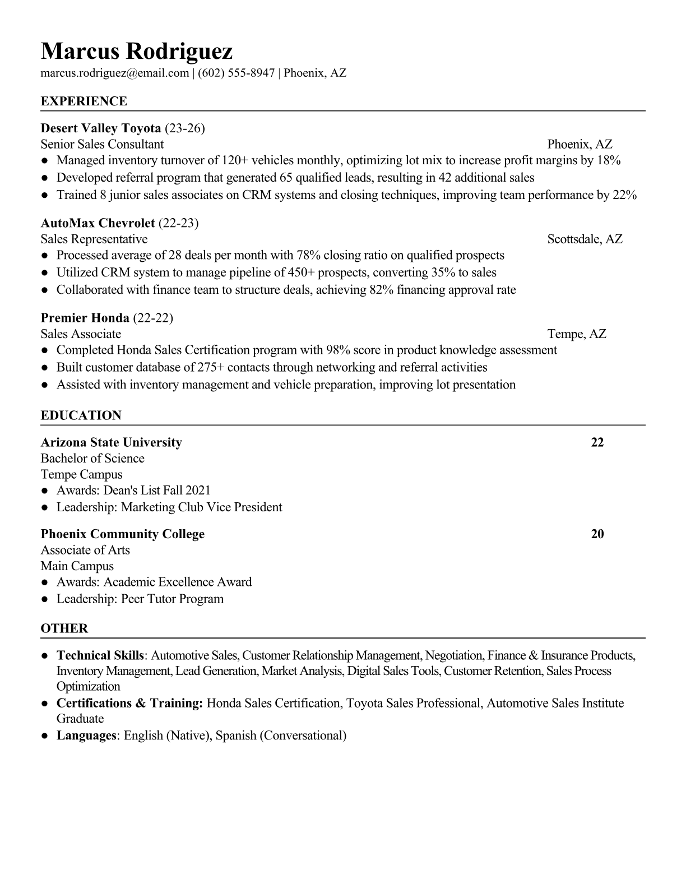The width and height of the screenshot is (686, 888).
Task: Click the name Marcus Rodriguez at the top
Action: point(136,52)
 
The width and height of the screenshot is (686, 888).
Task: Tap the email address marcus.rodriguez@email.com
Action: point(115,73)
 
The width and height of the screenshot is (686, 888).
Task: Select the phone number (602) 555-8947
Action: point(236,73)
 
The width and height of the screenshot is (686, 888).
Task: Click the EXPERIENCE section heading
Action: point(84,101)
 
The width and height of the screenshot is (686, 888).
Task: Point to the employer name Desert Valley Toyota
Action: point(101,128)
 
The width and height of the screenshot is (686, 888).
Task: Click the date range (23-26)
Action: point(185,128)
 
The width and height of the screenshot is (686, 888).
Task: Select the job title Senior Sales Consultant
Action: point(102,144)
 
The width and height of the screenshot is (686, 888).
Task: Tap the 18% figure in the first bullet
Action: point(609,160)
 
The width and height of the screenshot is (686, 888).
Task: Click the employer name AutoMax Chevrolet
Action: point(98,223)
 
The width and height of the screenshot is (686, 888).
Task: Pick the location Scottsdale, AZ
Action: point(585,239)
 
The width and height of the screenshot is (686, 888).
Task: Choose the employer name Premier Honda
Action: point(85,318)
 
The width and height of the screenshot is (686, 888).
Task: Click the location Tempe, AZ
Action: point(577,334)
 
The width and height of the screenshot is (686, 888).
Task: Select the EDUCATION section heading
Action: point(81,415)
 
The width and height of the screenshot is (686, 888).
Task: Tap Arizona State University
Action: point(112,442)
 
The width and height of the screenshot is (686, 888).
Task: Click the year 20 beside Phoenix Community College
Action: point(597,534)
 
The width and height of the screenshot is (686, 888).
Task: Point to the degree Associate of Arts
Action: point(85,550)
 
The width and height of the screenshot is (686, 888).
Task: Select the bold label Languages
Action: point(86,736)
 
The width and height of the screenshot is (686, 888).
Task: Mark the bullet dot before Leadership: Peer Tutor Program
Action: point(44,599)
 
